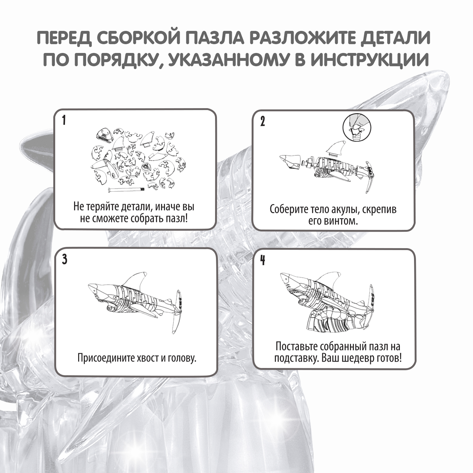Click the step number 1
tap(64, 120)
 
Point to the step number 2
tap(263, 122)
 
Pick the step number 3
tap(65, 260)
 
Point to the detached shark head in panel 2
tap(290, 162)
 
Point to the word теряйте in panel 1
tap(103, 207)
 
